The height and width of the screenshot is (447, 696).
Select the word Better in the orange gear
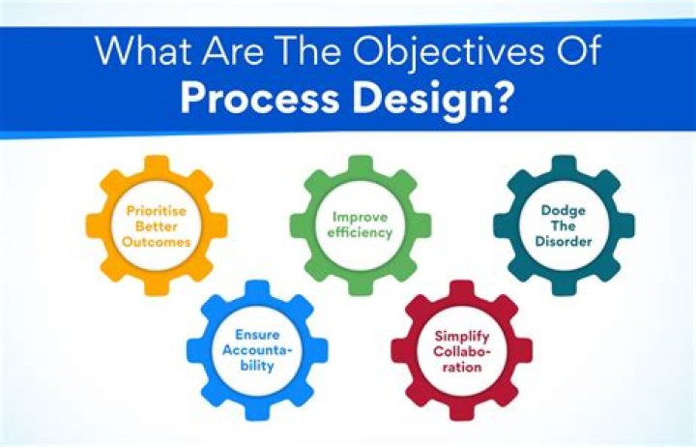click(x=157, y=226)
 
